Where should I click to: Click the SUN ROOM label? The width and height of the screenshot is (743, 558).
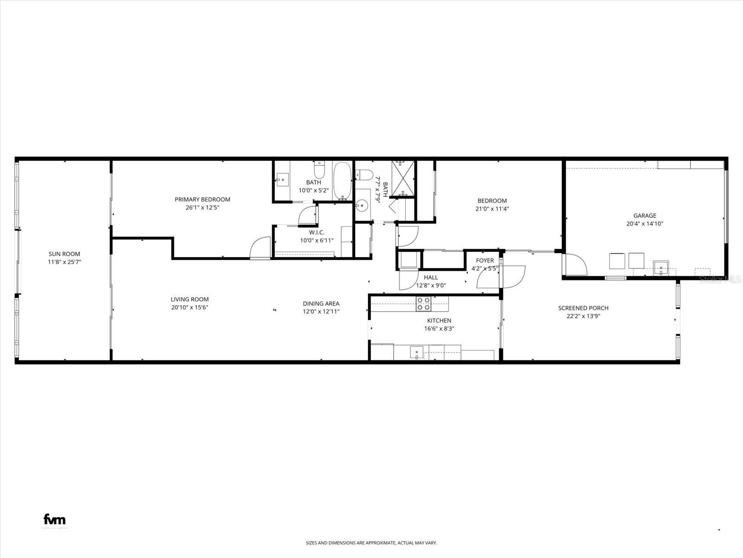(64, 254)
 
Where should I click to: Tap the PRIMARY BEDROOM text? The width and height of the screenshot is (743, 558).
(202, 199)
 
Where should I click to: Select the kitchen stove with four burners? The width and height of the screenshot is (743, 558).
(423, 304)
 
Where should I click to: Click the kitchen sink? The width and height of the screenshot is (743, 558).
(417, 352)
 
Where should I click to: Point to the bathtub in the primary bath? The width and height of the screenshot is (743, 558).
(343, 181)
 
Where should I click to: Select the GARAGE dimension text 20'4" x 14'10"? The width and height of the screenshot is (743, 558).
(645, 224)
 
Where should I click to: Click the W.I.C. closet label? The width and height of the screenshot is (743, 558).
(317, 232)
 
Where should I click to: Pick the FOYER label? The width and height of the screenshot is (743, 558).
(485, 260)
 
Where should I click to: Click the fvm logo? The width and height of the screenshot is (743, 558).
(54, 519)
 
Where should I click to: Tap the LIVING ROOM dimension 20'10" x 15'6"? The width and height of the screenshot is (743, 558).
(189, 307)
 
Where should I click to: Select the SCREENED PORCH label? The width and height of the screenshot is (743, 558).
(583, 308)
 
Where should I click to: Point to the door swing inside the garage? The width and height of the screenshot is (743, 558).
(576, 264)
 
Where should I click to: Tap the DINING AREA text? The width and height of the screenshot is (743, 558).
(321, 304)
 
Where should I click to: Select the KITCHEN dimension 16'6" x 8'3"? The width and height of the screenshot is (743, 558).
(439, 328)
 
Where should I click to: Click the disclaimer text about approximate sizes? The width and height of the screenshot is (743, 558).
(371, 543)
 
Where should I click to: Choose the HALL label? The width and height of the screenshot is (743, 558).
(430, 278)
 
